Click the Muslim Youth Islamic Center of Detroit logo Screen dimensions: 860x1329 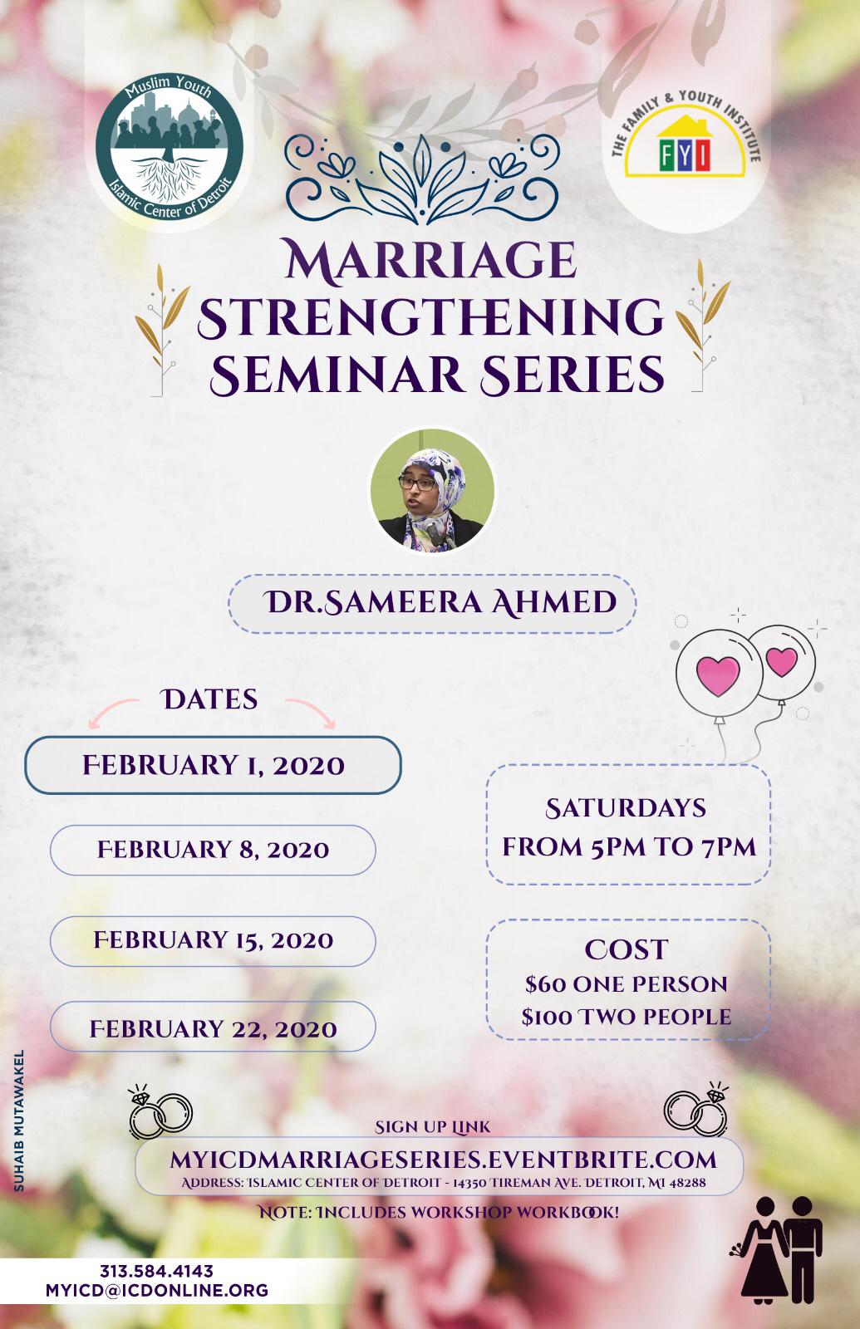click(170, 147)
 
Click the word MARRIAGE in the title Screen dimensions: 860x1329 click(430, 260)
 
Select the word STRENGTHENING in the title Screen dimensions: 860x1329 click(430, 317)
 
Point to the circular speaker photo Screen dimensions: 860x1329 click(432, 490)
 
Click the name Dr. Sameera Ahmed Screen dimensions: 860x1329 click(440, 603)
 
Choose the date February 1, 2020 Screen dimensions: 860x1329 click(213, 765)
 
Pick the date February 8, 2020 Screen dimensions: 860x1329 click(213, 850)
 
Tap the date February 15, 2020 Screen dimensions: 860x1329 click(213, 939)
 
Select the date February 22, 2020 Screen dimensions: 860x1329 click(213, 1029)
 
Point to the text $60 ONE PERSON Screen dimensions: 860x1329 click(627, 984)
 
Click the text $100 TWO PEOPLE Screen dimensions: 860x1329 click(627, 1017)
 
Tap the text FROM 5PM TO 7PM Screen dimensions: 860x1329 click(629, 847)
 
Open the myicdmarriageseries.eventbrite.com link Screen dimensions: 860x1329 click(444, 1160)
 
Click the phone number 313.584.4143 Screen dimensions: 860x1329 click(156, 1271)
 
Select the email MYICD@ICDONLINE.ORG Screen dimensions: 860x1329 click(157, 1291)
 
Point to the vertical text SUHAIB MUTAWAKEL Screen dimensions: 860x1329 click(19, 1121)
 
